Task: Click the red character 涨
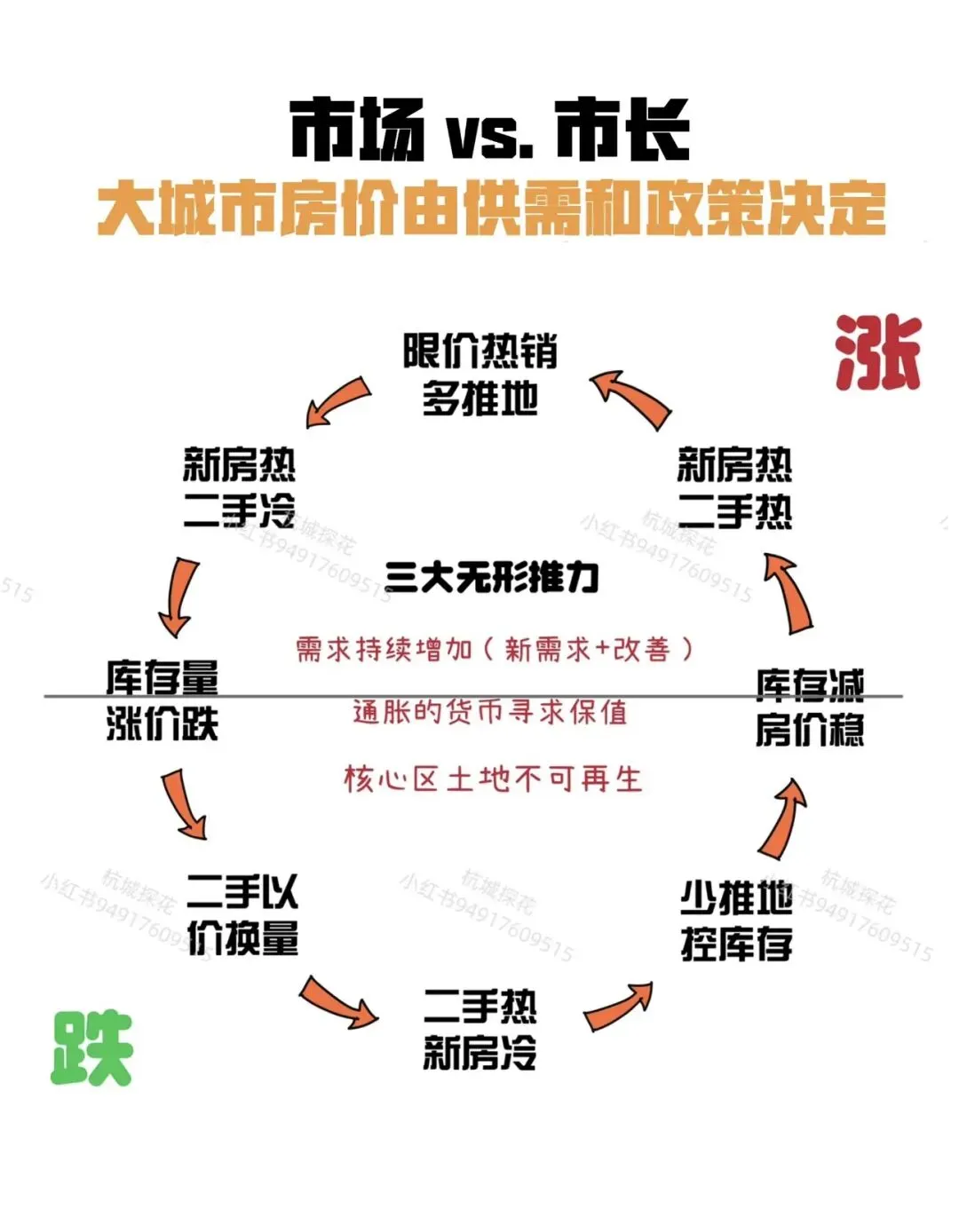877,353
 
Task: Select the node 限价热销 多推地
479,375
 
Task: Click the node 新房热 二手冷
239,487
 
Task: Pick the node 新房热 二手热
734,487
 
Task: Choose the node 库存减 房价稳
809,707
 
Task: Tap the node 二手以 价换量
242,914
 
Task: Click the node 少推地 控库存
736,921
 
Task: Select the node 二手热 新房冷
479,1030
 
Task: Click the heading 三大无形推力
492,578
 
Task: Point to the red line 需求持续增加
494,649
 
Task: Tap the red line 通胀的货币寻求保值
489,712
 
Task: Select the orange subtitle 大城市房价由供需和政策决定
491,209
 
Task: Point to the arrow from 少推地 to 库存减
782,818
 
